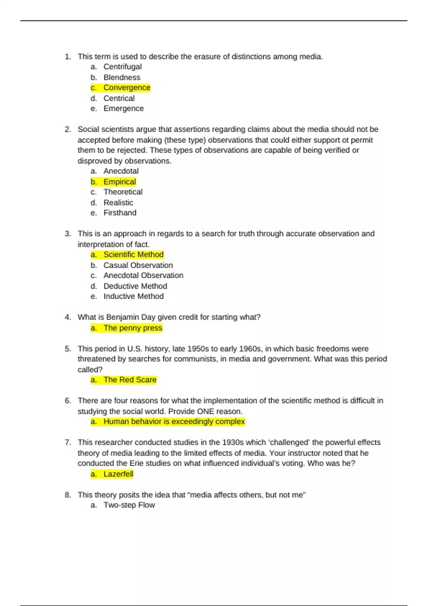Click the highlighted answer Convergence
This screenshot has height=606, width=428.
(x=127, y=88)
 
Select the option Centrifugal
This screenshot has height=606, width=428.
(x=122, y=67)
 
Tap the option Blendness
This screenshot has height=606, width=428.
(x=122, y=77)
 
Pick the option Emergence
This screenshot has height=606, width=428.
(x=123, y=108)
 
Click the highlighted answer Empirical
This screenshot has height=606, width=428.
(x=119, y=182)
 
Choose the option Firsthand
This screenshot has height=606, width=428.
(x=120, y=213)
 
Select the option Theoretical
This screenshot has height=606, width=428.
(x=123, y=192)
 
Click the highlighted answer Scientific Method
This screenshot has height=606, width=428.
(x=133, y=255)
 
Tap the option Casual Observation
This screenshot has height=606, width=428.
(x=138, y=265)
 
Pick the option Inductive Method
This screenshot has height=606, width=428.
(x=133, y=296)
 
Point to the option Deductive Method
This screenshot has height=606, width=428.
(x=135, y=286)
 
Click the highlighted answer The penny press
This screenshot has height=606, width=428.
(x=133, y=328)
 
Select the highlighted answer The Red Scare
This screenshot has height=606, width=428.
(x=130, y=380)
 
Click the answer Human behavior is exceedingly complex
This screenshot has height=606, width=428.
(x=174, y=422)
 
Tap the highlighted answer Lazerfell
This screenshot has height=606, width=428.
(x=118, y=474)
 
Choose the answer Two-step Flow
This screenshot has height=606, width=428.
(x=129, y=505)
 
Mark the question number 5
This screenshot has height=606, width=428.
(x=68, y=349)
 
